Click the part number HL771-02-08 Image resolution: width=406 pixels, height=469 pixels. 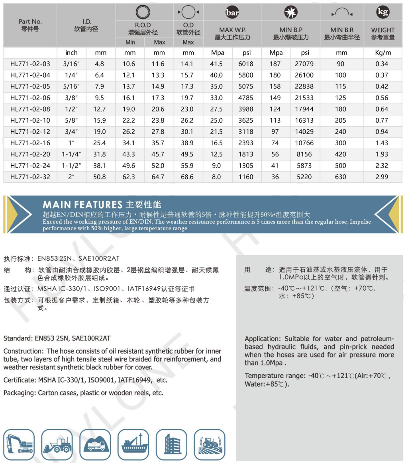(x=30, y=109)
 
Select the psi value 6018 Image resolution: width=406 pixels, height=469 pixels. (x=246, y=64)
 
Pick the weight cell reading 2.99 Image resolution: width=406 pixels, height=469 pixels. (x=382, y=177)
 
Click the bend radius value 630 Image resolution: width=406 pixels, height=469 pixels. (x=341, y=177)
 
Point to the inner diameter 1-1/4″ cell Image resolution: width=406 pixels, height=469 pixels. (x=71, y=154)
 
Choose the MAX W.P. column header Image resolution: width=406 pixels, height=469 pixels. (x=232, y=33)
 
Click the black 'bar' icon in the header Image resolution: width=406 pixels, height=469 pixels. (x=232, y=12)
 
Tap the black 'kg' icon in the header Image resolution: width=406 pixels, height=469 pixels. (x=383, y=12)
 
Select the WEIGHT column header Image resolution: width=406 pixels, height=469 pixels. (x=383, y=33)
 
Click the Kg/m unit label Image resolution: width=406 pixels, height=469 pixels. (x=383, y=53)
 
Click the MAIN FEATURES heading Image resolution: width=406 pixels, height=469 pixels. (x=82, y=205)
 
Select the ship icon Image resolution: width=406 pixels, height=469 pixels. (x=134, y=445)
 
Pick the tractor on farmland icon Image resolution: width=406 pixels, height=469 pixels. (x=210, y=445)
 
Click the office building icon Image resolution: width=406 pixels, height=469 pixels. (x=172, y=445)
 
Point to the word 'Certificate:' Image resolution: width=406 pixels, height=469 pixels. (x=20, y=380)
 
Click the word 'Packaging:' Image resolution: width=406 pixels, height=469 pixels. (x=20, y=393)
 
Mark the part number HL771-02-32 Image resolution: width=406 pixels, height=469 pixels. (x=30, y=177)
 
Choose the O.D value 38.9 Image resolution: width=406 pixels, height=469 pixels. (x=187, y=143)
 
